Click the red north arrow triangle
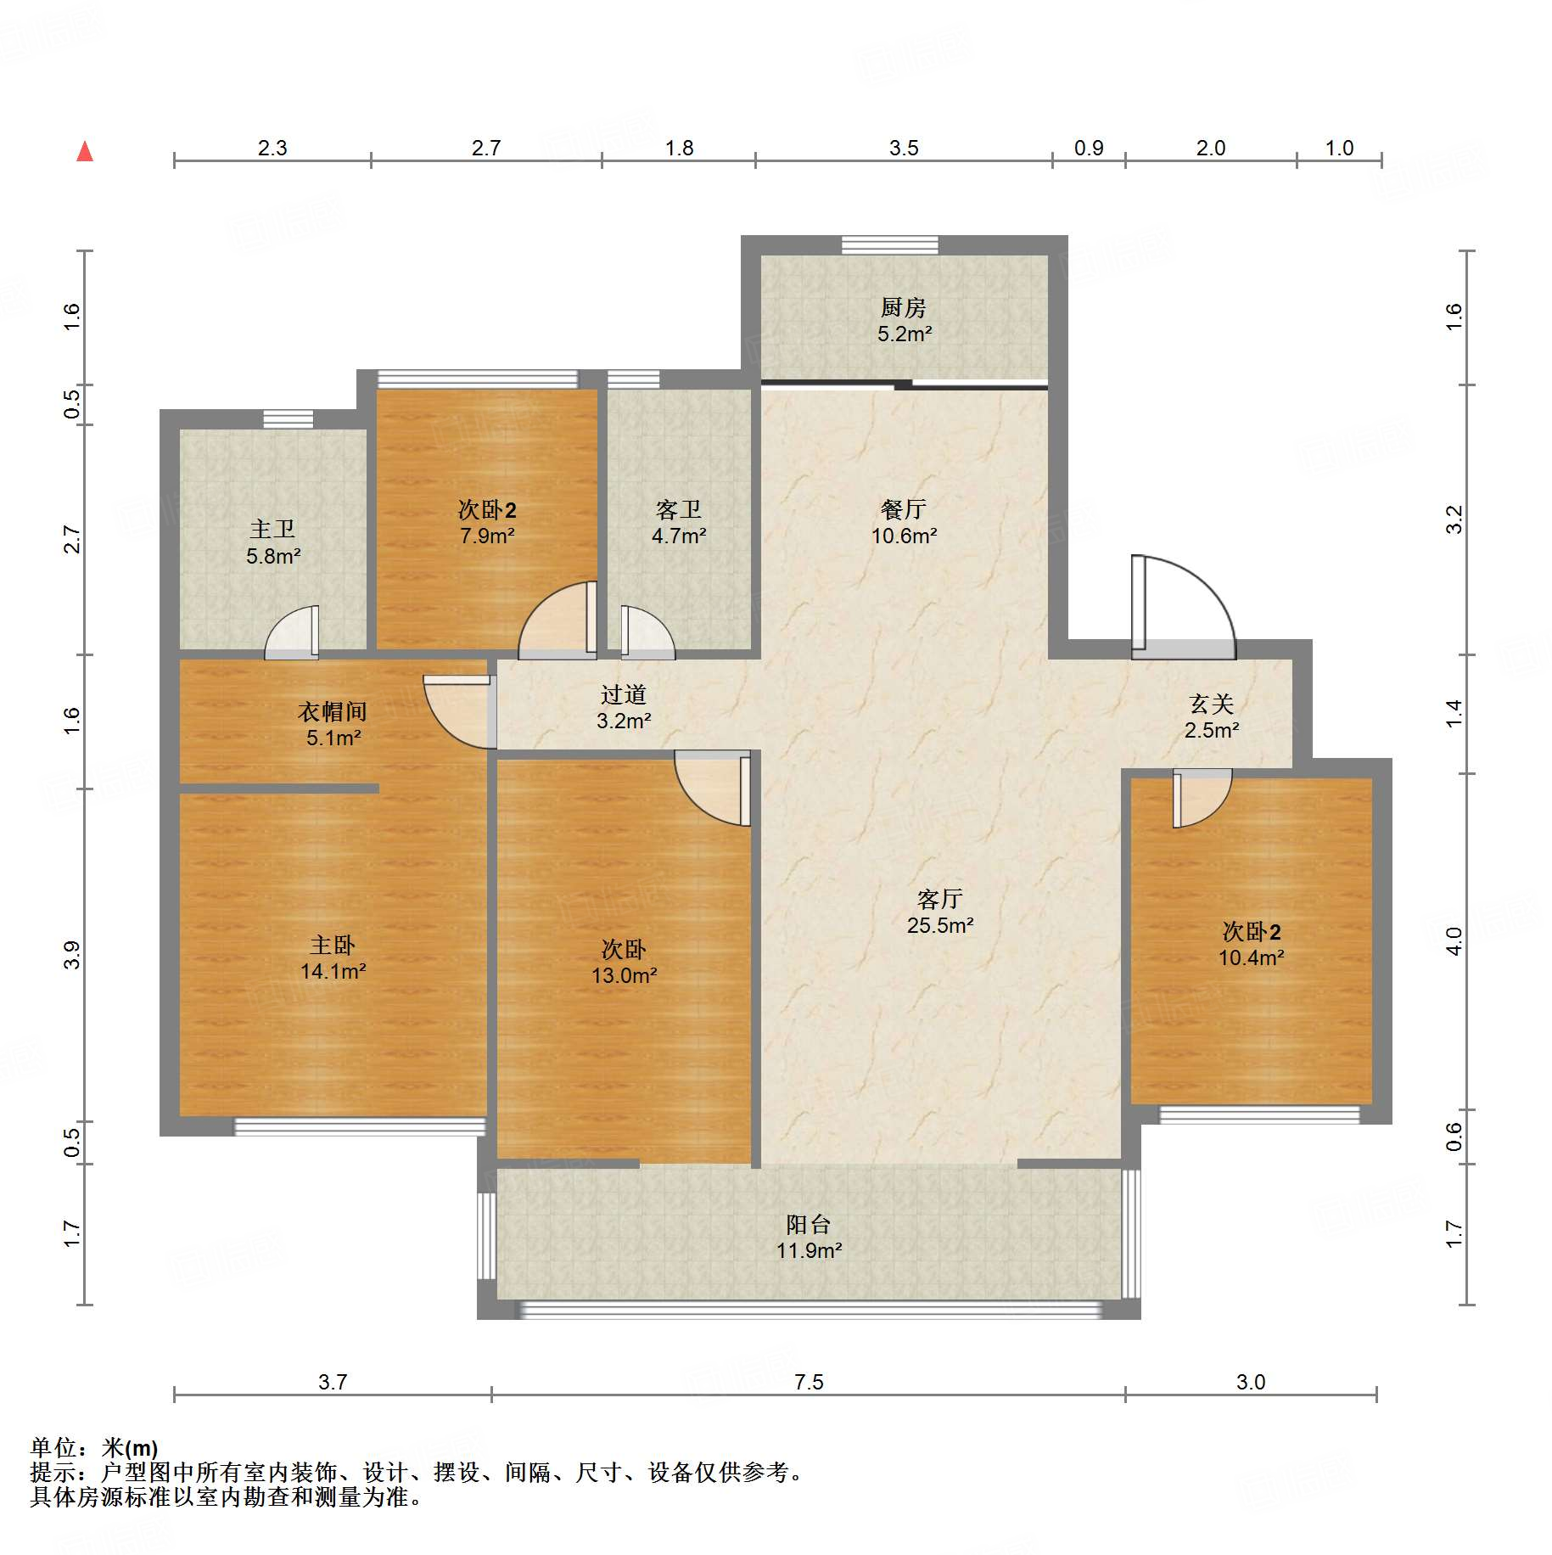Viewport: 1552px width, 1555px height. click(85, 152)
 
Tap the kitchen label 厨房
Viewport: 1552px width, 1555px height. click(903, 306)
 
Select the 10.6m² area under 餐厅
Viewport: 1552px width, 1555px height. click(904, 536)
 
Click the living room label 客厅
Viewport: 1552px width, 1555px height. click(939, 899)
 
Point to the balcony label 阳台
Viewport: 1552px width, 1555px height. click(808, 1224)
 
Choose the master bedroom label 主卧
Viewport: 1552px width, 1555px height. click(332, 945)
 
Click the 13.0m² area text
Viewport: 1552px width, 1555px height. click(624, 975)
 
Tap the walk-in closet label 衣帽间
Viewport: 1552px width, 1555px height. click(332, 711)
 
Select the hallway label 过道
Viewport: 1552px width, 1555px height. click(623, 694)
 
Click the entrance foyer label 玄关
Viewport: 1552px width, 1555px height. click(1211, 704)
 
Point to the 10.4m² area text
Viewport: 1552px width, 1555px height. click(1251, 957)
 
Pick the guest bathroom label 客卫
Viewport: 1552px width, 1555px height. click(678, 509)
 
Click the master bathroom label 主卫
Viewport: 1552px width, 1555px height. click(272, 530)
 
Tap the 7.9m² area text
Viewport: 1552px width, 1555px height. click(487, 536)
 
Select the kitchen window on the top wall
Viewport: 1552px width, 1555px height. click(890, 244)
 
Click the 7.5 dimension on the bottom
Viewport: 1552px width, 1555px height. click(809, 1382)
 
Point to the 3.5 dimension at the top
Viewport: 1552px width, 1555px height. click(904, 148)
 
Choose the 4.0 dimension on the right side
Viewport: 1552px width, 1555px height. click(1454, 941)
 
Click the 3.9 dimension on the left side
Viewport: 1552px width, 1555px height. click(72, 955)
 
